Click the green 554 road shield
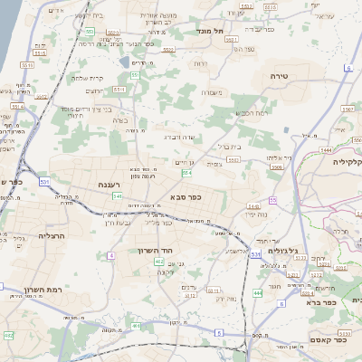click(186, 172)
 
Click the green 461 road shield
click(135, 326)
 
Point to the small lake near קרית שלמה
click(124, 62)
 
